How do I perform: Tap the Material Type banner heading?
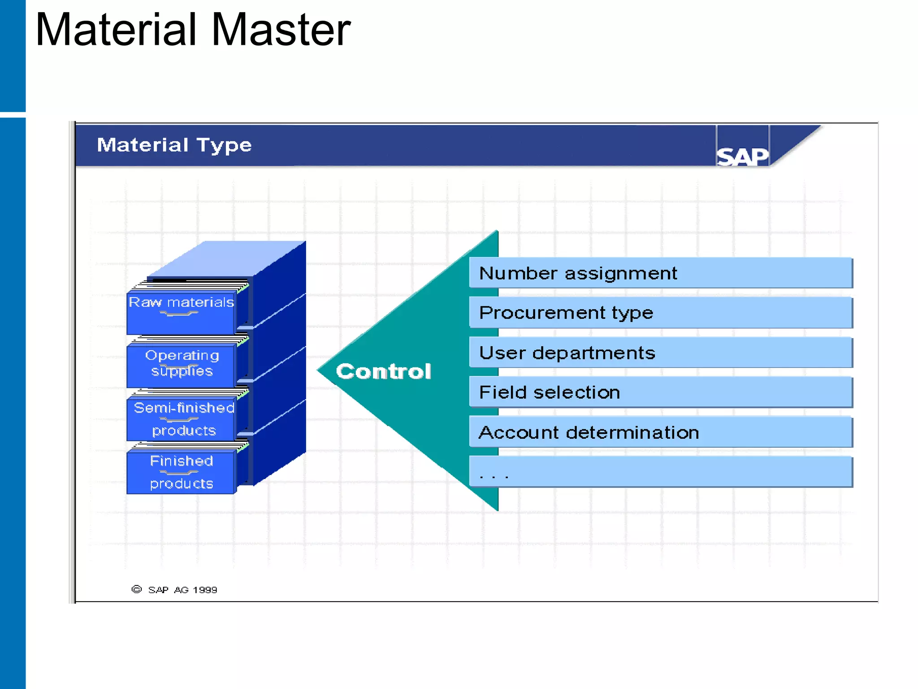click(x=174, y=145)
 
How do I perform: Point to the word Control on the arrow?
click(x=383, y=372)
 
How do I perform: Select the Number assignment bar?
click(x=660, y=273)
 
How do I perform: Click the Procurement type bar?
click(x=660, y=313)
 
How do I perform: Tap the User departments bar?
click(x=660, y=353)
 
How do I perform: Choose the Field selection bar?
click(x=660, y=392)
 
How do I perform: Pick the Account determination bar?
click(x=660, y=432)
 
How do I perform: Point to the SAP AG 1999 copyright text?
click(x=182, y=590)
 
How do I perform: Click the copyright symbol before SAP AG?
click(x=136, y=589)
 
